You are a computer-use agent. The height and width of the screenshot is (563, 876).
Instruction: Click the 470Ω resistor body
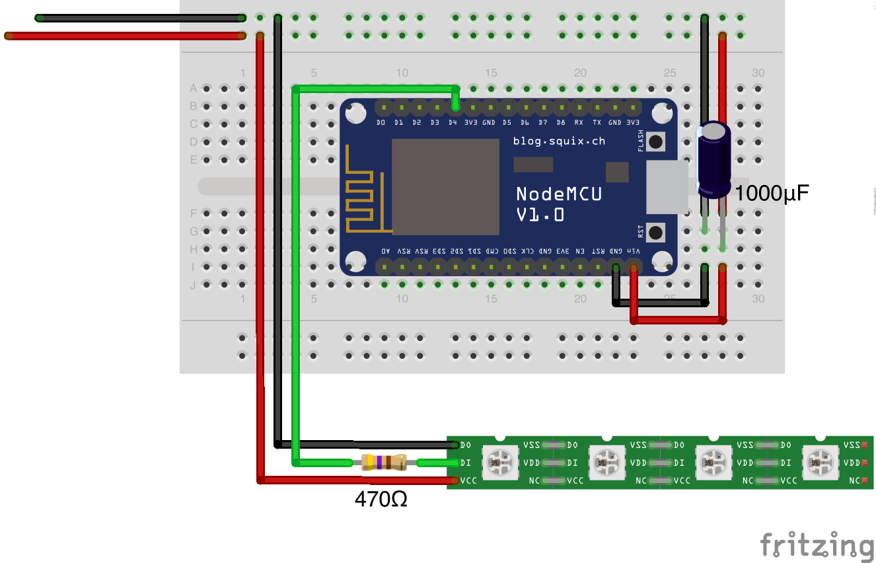click(383, 463)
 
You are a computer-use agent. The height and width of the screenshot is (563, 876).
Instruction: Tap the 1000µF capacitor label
click(771, 194)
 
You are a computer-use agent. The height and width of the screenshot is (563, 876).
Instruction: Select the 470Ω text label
click(381, 500)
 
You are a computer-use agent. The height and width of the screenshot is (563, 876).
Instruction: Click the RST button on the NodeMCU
click(655, 233)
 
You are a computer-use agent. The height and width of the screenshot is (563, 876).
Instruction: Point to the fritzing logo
click(817, 546)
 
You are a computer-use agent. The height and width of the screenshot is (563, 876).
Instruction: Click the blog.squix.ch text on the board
click(559, 141)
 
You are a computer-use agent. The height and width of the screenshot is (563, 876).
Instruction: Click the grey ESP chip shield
click(445, 186)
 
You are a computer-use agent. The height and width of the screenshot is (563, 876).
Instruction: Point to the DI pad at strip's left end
click(465, 463)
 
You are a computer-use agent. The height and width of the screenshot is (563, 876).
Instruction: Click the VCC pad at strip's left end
click(468, 480)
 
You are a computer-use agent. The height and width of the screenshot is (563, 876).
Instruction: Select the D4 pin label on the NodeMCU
click(453, 123)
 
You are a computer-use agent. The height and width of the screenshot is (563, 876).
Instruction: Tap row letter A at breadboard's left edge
click(194, 88)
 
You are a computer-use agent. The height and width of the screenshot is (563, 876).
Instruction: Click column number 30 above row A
click(758, 73)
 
